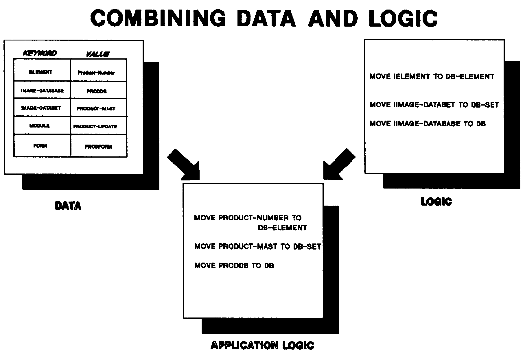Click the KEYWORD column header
(40, 53)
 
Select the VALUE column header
(98, 54)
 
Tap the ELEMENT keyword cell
(41, 72)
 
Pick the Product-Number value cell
(96, 73)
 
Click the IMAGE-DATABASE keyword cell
(42, 91)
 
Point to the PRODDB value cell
(97, 91)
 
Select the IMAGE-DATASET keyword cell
(41, 108)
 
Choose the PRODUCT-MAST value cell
(96, 109)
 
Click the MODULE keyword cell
(40, 126)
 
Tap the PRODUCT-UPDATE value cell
(95, 127)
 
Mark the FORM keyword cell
(40, 146)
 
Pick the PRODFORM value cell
(98, 147)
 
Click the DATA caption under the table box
(68, 206)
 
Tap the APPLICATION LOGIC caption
(262, 345)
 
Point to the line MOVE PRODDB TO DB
(234, 265)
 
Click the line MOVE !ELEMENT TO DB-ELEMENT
(432, 77)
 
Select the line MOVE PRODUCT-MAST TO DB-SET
(258, 246)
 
